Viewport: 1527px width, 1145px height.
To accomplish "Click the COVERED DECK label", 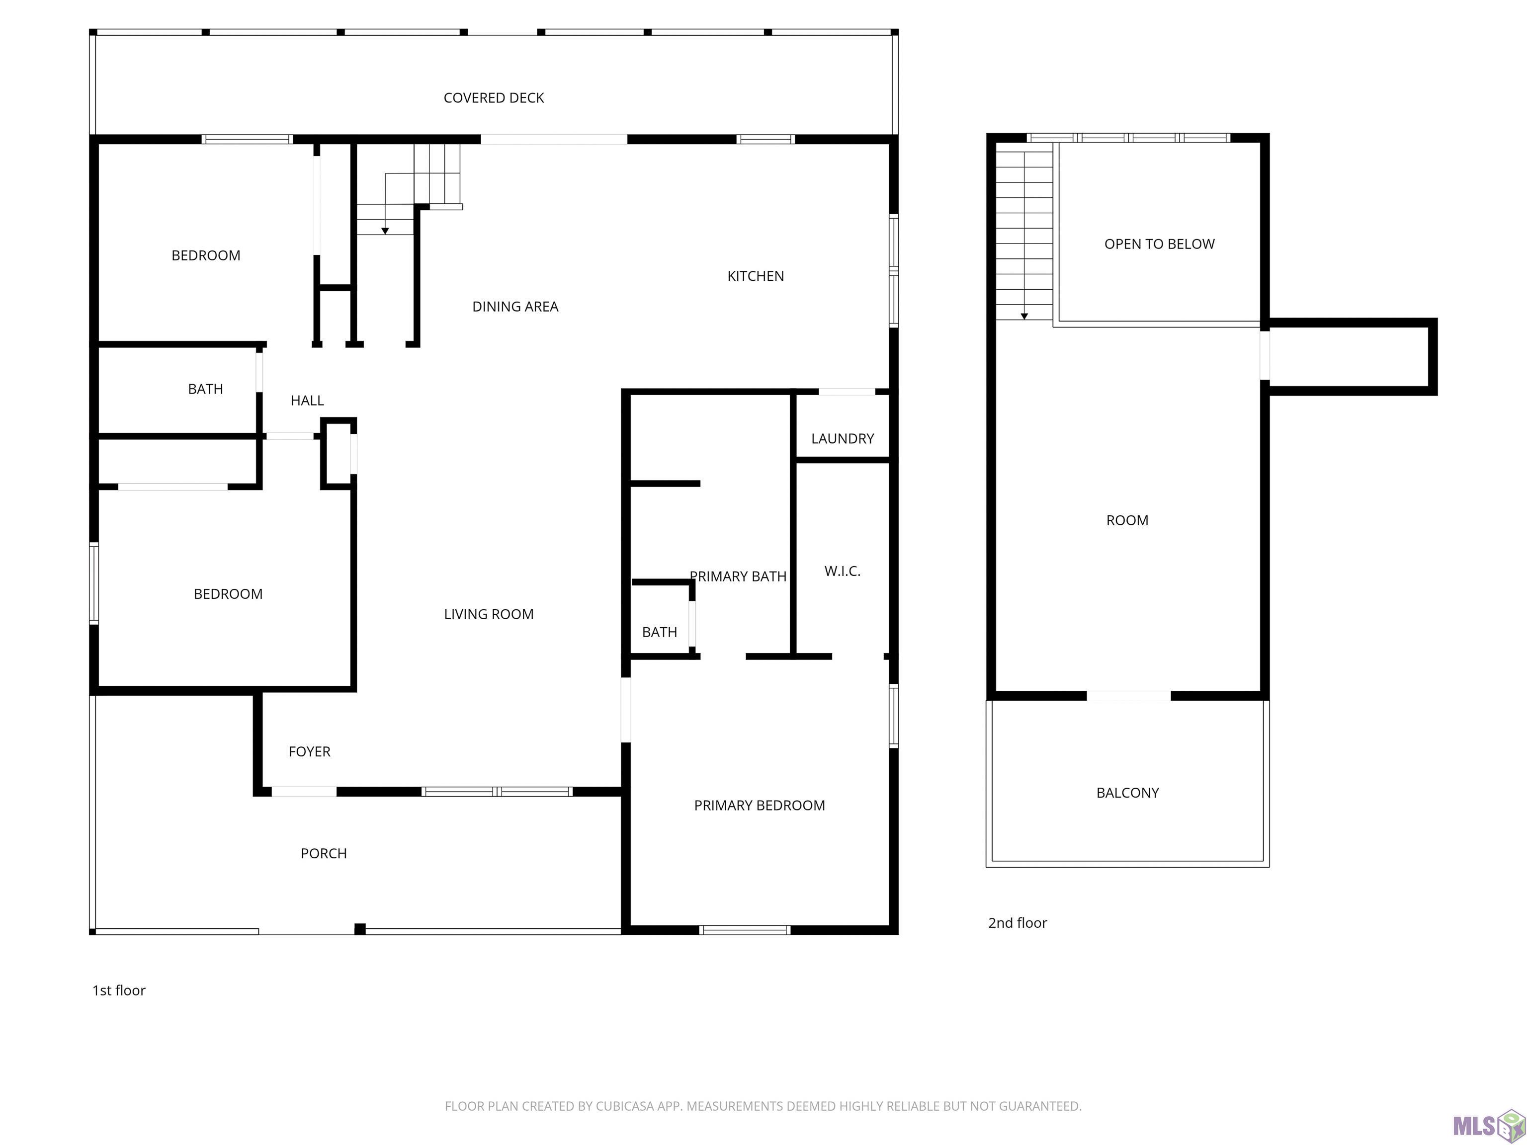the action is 494,98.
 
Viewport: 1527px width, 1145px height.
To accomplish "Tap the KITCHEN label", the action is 755,276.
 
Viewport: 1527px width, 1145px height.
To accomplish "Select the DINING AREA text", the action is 515,307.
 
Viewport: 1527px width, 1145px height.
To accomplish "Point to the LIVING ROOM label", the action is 489,614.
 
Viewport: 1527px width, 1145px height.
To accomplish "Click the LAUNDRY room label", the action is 842,439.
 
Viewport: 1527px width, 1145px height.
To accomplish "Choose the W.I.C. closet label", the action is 842,572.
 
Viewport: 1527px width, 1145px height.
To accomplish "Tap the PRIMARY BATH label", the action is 738,576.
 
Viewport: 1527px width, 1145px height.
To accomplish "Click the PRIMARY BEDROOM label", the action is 760,806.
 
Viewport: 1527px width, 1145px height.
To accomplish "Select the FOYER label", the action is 309,751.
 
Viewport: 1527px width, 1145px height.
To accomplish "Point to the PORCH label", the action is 324,854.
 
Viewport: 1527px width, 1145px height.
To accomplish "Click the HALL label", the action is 307,400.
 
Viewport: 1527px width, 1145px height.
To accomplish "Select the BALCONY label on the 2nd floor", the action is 1127,793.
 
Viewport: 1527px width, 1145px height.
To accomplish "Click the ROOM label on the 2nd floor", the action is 1127,520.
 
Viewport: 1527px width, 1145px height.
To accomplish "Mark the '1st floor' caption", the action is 119,990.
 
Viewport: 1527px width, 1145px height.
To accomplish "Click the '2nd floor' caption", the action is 1018,923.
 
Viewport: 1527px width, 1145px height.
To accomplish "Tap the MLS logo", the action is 1489,1126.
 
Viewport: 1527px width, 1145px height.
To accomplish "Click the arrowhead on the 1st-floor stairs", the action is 385,231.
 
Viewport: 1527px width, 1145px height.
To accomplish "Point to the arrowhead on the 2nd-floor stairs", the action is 1024,316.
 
